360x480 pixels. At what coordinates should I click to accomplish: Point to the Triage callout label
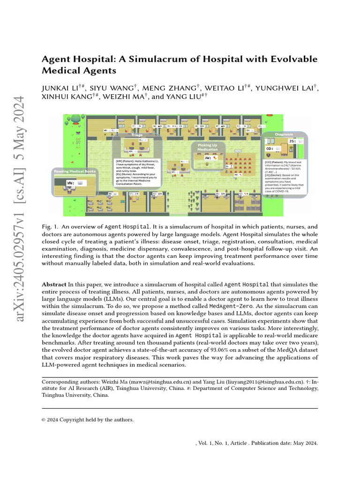pyautogui.click(x=136, y=135)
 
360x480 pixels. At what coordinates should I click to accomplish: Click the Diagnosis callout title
pyautogui.click(x=284, y=134)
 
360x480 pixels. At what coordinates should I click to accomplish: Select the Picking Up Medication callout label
pyautogui.click(x=207, y=146)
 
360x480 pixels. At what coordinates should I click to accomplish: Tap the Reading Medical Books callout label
pyautogui.click(x=75, y=172)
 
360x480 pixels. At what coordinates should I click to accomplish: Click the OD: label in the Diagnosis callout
pyautogui.click(x=271, y=149)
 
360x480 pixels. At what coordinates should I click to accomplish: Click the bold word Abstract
pyautogui.click(x=54, y=285)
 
